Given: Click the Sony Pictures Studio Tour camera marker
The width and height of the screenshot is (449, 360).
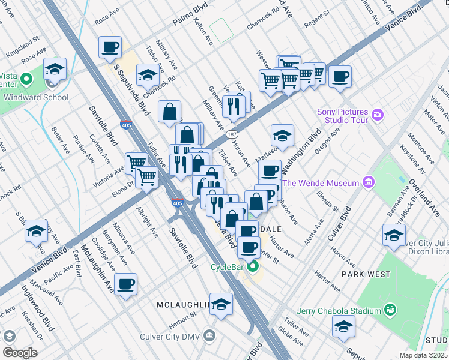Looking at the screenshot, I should (378, 114).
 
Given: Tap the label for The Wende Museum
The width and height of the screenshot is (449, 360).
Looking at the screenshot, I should (321, 183).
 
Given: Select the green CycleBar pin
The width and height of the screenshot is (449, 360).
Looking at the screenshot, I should (253, 267).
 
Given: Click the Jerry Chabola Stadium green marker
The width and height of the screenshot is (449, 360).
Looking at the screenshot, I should (390, 310).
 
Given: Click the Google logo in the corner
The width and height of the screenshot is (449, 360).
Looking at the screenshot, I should (20, 353).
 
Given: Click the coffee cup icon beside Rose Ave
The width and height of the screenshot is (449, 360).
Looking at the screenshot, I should (110, 47).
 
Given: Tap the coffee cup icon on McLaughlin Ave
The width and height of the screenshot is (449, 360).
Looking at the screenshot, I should (125, 284).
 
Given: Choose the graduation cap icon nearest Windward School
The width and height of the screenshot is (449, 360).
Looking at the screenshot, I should (54, 69).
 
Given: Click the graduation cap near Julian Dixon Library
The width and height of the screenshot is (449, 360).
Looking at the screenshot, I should (394, 235).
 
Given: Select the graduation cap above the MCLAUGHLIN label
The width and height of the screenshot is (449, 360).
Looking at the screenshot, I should (221, 304).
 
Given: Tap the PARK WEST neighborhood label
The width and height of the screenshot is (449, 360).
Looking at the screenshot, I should (363, 274).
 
